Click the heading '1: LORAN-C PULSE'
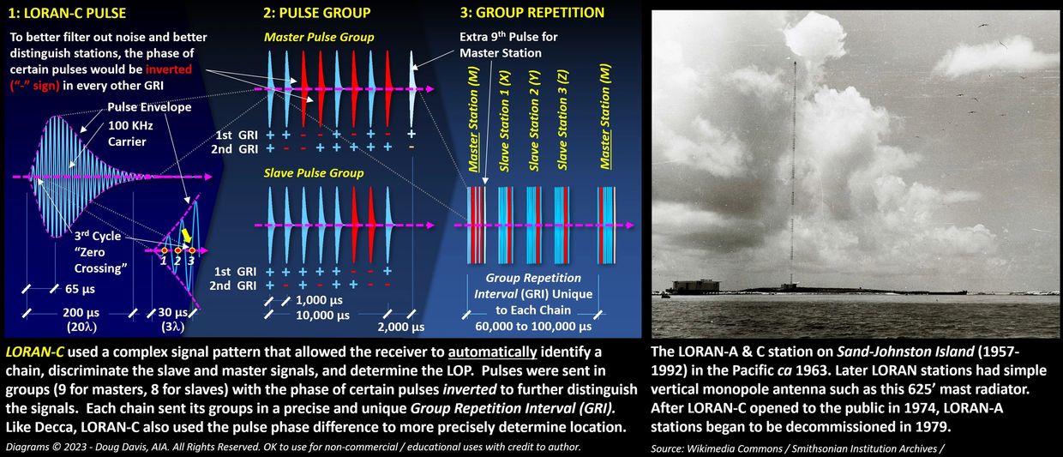(67, 13)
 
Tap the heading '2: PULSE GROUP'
(317, 13)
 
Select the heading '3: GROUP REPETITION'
(532, 13)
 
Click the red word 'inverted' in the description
(169, 69)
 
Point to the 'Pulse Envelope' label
(149, 107)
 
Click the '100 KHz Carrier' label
(130, 134)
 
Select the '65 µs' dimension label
(80, 289)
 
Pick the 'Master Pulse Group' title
(319, 37)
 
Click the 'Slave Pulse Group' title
(314, 172)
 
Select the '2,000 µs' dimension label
(401, 327)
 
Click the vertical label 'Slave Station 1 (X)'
(504, 121)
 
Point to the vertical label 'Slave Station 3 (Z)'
(562, 119)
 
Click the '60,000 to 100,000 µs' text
(533, 327)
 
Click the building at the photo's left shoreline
(694, 286)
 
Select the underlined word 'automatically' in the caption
(493, 352)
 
